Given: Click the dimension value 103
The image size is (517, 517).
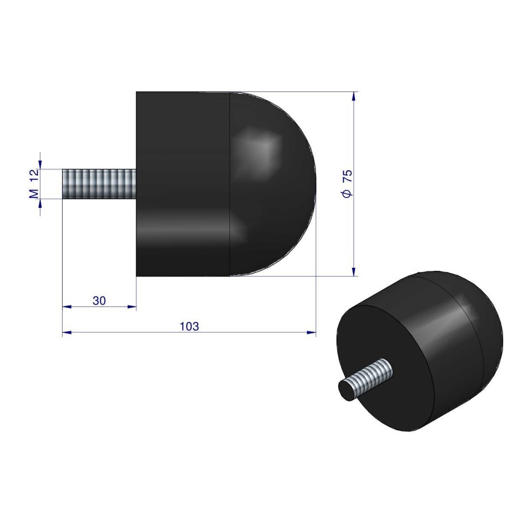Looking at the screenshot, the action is (x=189, y=326).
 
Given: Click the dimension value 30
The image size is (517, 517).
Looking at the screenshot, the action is (x=99, y=301).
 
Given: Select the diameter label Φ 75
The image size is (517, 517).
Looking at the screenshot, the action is (x=347, y=184).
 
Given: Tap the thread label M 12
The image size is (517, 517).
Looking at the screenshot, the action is (x=34, y=184).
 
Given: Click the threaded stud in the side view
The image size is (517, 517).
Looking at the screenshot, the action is (x=99, y=184).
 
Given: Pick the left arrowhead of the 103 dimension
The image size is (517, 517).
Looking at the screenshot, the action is (x=67, y=332).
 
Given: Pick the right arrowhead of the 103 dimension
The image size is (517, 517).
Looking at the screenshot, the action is (x=311, y=332).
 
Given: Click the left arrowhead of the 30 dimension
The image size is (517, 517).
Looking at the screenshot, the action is (x=67, y=307).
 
